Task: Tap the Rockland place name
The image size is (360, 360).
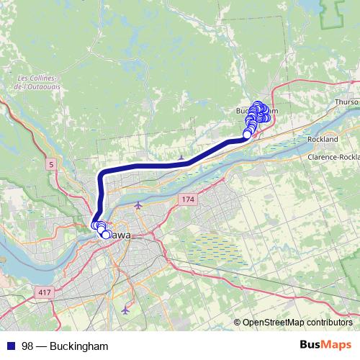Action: point(322,138)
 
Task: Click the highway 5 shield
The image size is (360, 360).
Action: point(52,165)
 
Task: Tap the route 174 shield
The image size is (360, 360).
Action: point(188,198)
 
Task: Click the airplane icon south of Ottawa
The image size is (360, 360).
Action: point(127,310)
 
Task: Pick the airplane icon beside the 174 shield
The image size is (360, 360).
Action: point(138,205)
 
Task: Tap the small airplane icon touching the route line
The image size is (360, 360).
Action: point(181,156)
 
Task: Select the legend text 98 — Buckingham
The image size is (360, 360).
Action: point(65,346)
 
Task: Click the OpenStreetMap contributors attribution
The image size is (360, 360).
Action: point(297,323)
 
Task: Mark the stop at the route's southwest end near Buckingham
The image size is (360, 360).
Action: point(247,134)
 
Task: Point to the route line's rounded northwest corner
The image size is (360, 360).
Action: point(103,172)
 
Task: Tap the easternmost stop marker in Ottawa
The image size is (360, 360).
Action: point(107,235)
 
